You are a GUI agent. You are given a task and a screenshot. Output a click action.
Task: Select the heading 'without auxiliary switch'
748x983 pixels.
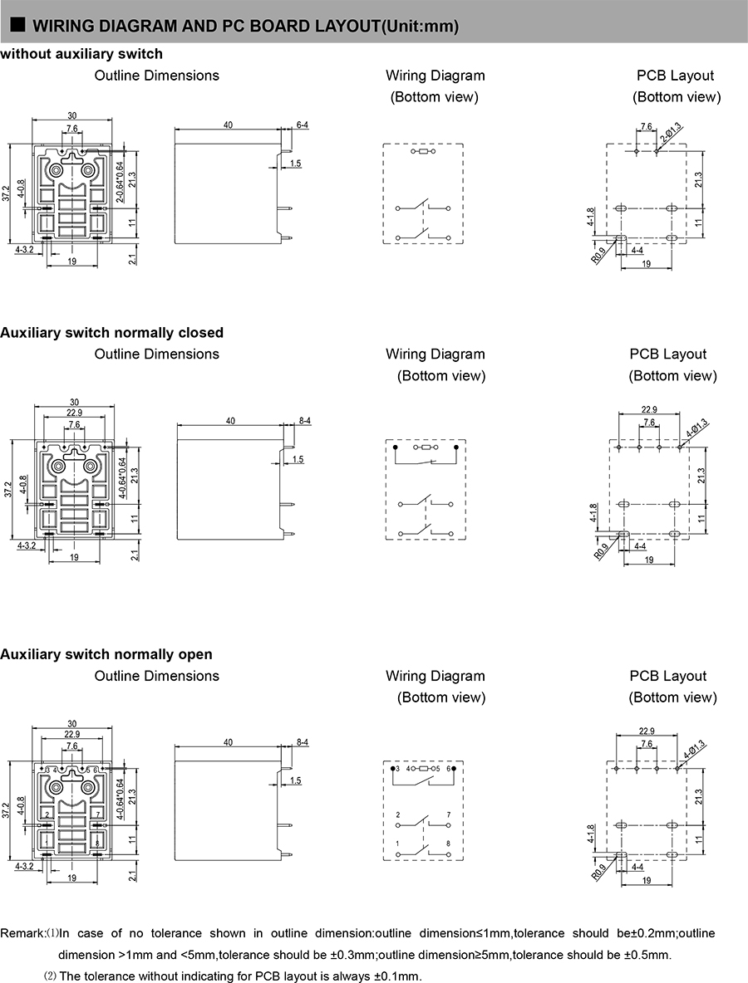click(81, 54)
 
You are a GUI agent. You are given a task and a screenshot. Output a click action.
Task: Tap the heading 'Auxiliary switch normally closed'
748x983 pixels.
click(112, 333)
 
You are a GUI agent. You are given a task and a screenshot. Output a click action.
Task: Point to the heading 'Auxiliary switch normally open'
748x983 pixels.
click(106, 655)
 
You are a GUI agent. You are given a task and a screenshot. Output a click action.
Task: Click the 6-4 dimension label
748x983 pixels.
click(303, 125)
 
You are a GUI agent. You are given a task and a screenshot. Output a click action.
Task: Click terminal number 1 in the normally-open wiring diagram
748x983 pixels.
click(398, 844)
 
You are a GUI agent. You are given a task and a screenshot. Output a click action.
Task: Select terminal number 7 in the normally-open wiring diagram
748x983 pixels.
click(448, 815)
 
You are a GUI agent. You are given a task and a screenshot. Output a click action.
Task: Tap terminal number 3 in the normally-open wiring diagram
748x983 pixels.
click(398, 770)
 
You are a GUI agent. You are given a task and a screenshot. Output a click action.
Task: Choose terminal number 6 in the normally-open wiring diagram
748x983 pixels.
click(448, 770)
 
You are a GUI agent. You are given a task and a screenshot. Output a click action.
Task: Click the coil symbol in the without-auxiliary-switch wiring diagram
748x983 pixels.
click(422, 153)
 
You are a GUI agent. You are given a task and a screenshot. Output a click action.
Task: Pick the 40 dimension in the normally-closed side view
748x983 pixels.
click(230, 421)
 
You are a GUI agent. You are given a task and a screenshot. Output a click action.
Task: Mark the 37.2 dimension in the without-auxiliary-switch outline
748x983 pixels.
click(7, 193)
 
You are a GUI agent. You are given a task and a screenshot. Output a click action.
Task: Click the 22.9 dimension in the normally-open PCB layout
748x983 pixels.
click(649, 731)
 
